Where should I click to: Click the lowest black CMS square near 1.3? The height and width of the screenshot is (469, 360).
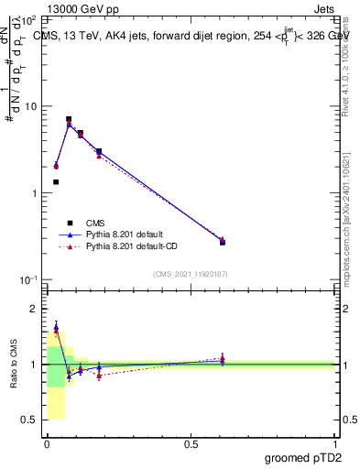pos(56,182)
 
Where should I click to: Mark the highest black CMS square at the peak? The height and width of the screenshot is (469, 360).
pos(69,119)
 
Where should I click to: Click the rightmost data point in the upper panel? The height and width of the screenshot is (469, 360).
pos(223,242)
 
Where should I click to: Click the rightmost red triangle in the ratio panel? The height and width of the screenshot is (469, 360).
pos(223,358)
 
